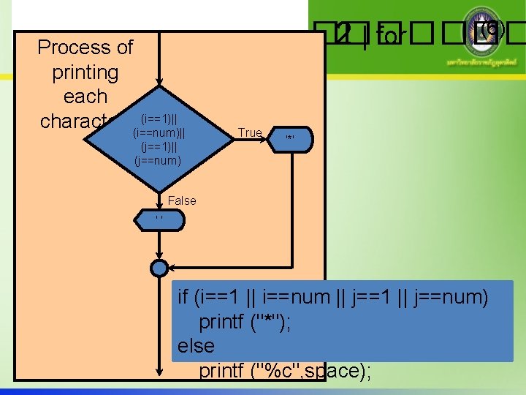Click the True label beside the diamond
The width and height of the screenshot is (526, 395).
(250, 132)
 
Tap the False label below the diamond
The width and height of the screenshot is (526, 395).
(182, 200)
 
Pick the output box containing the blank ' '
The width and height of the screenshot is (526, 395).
(157, 217)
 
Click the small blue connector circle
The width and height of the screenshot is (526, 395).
(159, 268)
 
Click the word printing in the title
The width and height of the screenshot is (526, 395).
(85, 72)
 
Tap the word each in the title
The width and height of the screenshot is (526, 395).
(85, 96)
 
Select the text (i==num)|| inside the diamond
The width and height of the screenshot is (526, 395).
(159, 132)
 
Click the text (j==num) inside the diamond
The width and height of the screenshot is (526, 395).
(159, 159)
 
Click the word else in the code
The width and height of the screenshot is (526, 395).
(197, 345)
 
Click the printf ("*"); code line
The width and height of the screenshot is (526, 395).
(245, 321)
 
